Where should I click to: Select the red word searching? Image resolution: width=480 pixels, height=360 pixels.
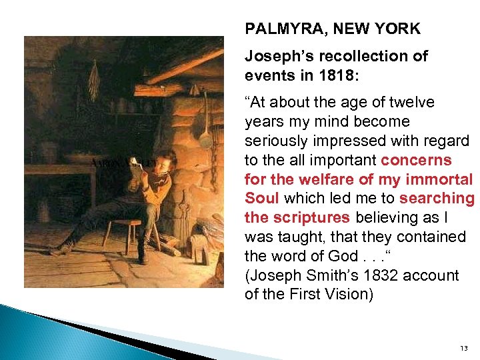click(437, 199)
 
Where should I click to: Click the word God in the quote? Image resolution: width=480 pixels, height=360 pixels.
click(337, 257)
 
